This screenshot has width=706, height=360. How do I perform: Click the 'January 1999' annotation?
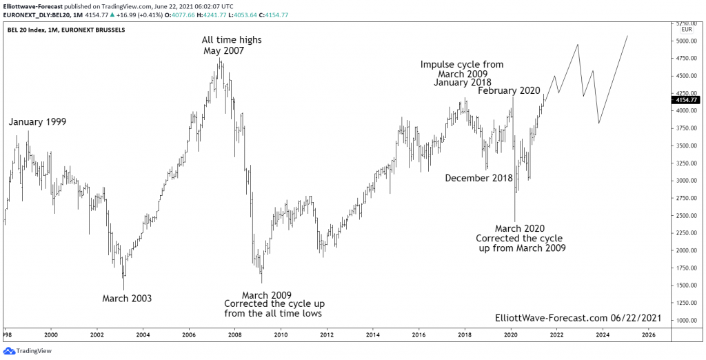[x=37, y=122]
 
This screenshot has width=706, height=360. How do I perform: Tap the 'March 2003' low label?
[x=127, y=299]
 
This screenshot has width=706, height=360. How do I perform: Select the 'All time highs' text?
[x=232, y=40]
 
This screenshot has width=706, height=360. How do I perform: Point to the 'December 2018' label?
[x=479, y=178]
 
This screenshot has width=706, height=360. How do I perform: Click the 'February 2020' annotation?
[x=510, y=91]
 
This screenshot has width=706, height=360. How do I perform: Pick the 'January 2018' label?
[x=463, y=83]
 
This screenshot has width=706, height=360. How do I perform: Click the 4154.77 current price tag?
[x=685, y=100]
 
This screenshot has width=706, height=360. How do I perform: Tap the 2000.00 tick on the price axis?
[x=685, y=250]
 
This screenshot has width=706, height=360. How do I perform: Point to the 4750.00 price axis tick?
[x=685, y=59]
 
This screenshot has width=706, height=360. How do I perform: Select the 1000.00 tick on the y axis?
[x=685, y=320]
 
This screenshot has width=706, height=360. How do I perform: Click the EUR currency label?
[x=687, y=30]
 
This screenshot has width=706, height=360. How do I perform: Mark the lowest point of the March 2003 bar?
[x=123, y=290]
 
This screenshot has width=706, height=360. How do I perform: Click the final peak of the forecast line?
[x=627, y=36]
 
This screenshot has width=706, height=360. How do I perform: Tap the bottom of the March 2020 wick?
[x=515, y=221]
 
